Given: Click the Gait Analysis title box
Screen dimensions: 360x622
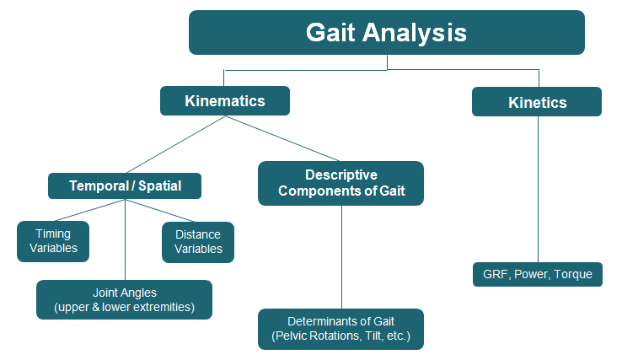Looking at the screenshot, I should (x=386, y=33).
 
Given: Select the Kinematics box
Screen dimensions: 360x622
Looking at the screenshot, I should (x=225, y=102).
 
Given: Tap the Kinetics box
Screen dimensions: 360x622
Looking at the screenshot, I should (x=537, y=103).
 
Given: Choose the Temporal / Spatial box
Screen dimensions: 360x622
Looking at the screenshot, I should (x=125, y=185).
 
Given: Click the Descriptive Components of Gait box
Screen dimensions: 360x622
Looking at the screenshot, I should (x=341, y=183).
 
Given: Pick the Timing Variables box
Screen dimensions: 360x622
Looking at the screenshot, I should (x=53, y=241).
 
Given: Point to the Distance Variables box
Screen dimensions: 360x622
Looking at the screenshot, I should (x=198, y=242).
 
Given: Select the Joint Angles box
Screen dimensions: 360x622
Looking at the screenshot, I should (x=124, y=299).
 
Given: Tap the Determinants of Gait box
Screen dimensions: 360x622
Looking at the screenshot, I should (x=341, y=329).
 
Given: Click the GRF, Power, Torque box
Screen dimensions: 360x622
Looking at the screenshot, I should (x=538, y=274).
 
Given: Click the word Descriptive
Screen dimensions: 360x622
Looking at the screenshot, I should (x=341, y=175).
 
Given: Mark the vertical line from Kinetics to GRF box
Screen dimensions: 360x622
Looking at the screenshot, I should (x=537, y=189).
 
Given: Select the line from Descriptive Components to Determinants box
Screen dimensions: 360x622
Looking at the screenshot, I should (x=341, y=257).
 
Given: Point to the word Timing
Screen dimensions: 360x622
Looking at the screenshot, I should (x=53, y=234).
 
